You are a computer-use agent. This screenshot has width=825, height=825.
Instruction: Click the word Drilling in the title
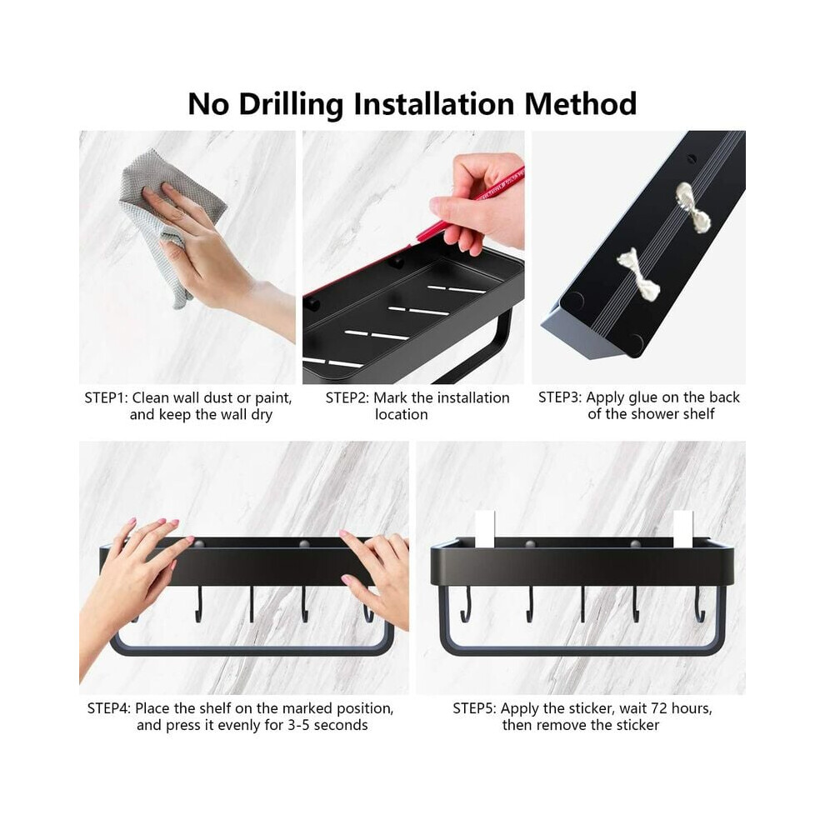click(292, 105)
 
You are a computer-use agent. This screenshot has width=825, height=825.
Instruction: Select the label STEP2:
click(347, 397)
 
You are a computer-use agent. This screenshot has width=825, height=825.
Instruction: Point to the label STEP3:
click(560, 397)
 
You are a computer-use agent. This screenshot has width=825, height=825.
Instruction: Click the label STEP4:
click(109, 708)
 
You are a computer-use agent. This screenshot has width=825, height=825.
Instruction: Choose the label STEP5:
click(475, 708)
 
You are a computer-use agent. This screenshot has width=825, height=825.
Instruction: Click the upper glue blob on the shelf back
click(693, 207)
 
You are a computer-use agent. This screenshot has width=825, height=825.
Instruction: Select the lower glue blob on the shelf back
click(637, 273)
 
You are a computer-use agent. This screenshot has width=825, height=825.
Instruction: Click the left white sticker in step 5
click(485, 529)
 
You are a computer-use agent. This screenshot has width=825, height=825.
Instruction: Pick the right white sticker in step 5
click(683, 529)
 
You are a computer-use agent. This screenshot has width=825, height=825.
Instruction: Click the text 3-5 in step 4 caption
click(298, 725)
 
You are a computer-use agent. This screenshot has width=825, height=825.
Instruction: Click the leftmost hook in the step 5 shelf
click(465, 605)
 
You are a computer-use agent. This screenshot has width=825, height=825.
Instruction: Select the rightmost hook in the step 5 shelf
click(700, 604)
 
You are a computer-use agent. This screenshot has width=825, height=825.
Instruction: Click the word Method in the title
click(580, 103)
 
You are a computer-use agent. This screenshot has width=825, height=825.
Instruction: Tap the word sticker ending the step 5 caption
click(632, 725)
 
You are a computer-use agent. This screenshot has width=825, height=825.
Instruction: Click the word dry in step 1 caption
click(262, 415)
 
